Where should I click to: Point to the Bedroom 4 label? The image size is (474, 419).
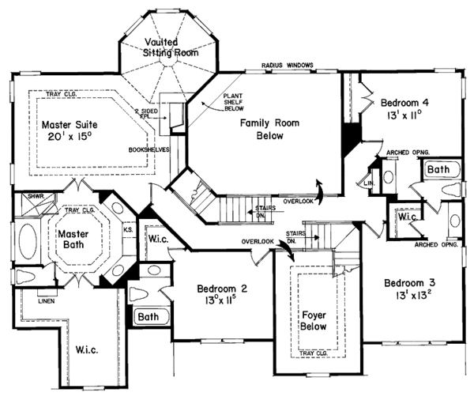(x=404, y=103)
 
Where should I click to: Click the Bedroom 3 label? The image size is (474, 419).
(x=409, y=282)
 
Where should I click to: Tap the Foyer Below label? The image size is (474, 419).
(x=314, y=320)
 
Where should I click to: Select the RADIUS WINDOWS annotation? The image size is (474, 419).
(x=288, y=64)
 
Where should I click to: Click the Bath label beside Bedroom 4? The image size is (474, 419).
(x=439, y=169)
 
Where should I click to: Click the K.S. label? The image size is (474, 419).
(x=128, y=230)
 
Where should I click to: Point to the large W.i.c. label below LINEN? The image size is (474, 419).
(x=87, y=349)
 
